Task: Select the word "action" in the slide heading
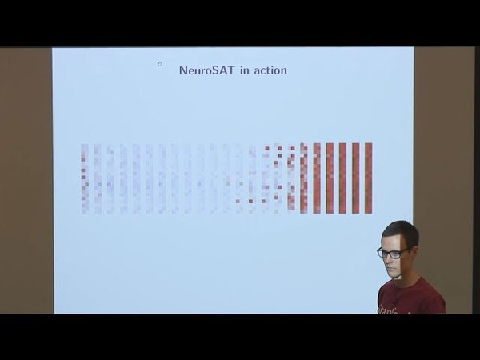click(x=270, y=70)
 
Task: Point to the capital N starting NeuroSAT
click(x=184, y=70)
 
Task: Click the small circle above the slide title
click(x=159, y=63)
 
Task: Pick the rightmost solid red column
click(x=369, y=178)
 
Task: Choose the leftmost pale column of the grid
click(x=84, y=178)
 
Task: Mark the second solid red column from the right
click(x=356, y=178)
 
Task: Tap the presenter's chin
click(x=394, y=277)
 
